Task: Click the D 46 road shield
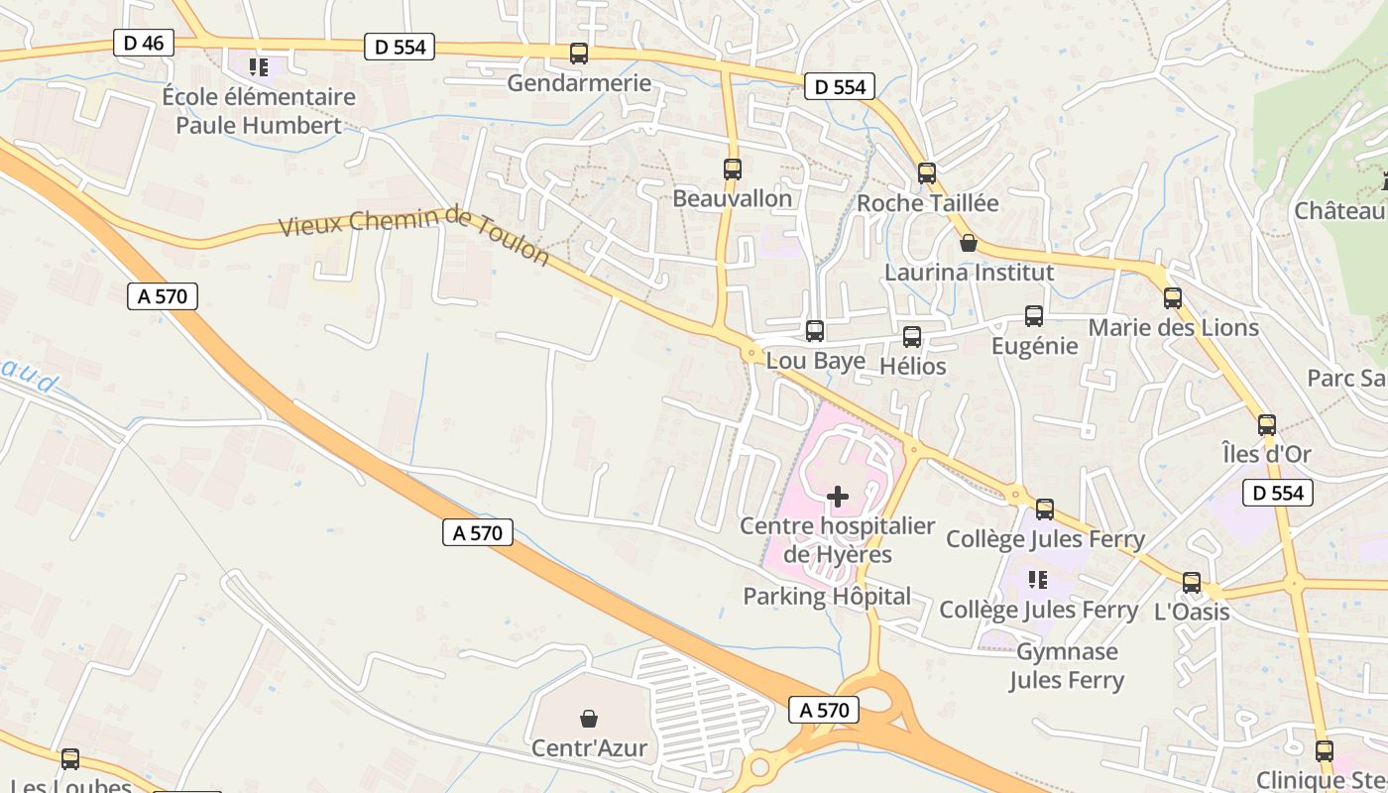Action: pyautogui.click(x=145, y=43)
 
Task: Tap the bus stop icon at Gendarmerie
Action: pyautogui.click(x=579, y=54)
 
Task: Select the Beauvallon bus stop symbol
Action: pyautogui.click(x=733, y=170)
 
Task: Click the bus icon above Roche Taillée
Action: pyautogui.click(x=927, y=173)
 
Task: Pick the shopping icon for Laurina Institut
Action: pyautogui.click(x=969, y=243)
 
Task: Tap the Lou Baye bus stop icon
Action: pyautogui.click(x=815, y=331)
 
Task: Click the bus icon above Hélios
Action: pyautogui.click(x=912, y=337)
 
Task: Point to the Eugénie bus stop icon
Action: pyautogui.click(x=1034, y=317)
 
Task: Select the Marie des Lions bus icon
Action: pyautogui.click(x=1173, y=298)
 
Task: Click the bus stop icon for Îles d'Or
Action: pyautogui.click(x=1267, y=425)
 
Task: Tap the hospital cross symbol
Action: pyautogui.click(x=838, y=496)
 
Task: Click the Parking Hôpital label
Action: pyautogui.click(x=827, y=597)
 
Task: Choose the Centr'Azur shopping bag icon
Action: pyautogui.click(x=589, y=719)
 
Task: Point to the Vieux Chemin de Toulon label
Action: pyautogui.click(x=413, y=233)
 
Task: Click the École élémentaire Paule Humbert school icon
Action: pyautogui.click(x=259, y=67)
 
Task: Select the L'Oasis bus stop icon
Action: pyautogui.click(x=1192, y=583)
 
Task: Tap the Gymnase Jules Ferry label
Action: pyautogui.click(x=1067, y=666)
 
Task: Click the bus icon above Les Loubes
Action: pyautogui.click(x=70, y=759)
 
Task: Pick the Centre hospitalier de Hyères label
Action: pyautogui.click(x=838, y=540)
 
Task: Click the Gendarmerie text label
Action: pyautogui.click(x=579, y=83)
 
